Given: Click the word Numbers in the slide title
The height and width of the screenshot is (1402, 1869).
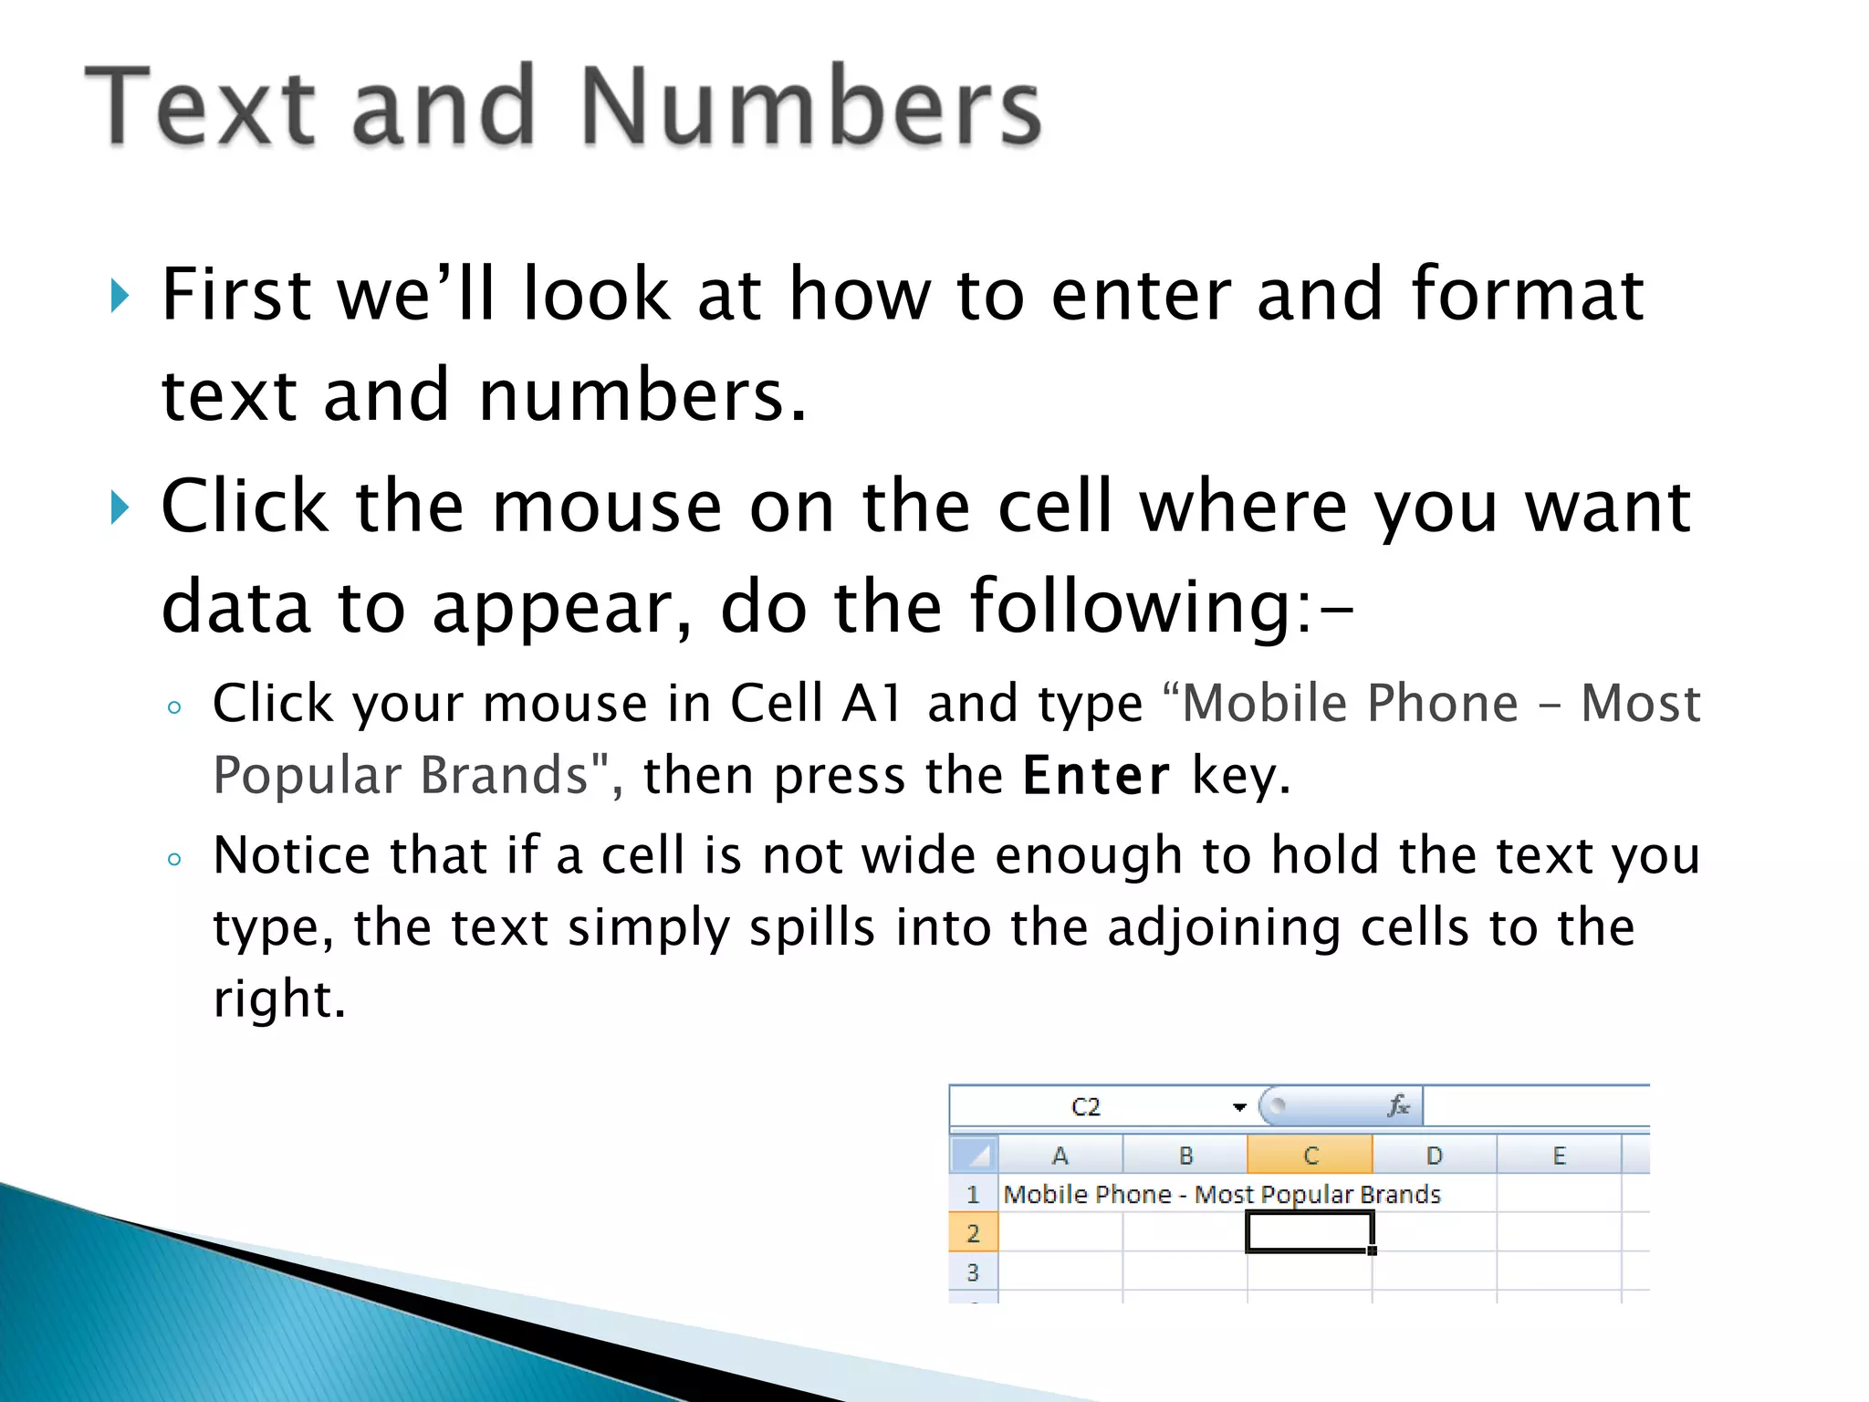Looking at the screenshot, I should [x=809, y=107].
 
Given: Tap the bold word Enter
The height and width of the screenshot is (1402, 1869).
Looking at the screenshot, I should [x=1095, y=776].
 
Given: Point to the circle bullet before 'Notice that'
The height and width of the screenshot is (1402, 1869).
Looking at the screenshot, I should [x=174, y=859].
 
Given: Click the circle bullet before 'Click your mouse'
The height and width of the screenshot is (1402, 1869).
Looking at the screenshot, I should [x=174, y=707].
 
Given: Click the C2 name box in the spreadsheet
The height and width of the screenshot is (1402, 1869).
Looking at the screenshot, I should [x=1086, y=1107].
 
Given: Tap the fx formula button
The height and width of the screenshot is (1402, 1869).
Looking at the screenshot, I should [x=1398, y=1106].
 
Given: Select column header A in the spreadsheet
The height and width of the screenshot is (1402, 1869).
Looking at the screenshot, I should [x=1060, y=1156].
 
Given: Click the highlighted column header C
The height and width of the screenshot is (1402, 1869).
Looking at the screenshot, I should [x=1310, y=1156].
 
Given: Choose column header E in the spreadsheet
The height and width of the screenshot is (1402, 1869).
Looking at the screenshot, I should [x=1559, y=1156].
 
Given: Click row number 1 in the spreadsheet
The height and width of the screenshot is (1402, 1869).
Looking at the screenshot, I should [x=973, y=1194].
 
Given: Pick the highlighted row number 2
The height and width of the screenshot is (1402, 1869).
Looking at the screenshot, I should [x=973, y=1233].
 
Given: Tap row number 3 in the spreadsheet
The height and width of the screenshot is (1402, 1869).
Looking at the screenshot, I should [x=973, y=1271].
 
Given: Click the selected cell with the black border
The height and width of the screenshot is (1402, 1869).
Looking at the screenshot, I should [x=1310, y=1232].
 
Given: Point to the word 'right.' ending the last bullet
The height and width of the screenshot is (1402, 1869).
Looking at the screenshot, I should [x=279, y=999].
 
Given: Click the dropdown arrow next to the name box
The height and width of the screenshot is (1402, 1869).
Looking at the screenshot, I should [x=1238, y=1107].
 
